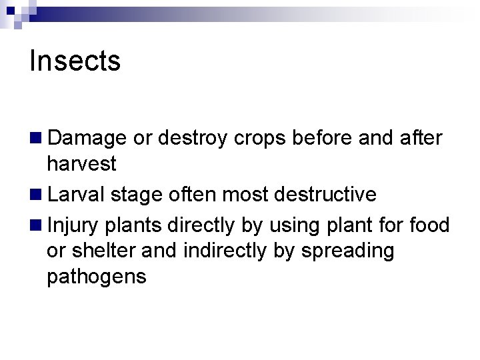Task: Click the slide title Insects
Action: [75, 61]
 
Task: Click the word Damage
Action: [87, 137]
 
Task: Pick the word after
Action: [421, 137]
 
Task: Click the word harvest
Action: [82, 163]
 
